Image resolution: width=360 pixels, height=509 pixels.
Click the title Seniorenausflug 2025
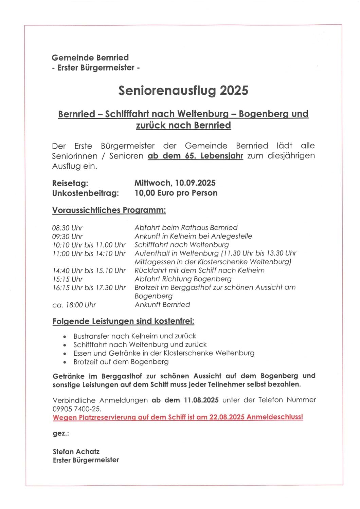click(x=183, y=91)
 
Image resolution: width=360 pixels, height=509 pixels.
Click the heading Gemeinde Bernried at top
click(x=90, y=58)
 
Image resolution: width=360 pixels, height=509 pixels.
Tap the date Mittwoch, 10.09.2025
click(x=175, y=183)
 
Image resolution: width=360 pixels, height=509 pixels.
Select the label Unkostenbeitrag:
click(x=86, y=193)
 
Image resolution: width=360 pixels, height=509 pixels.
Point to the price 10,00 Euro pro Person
click(x=176, y=193)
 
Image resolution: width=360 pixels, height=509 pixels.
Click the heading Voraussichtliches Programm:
click(x=109, y=210)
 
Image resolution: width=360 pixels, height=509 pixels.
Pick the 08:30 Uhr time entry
click(x=67, y=228)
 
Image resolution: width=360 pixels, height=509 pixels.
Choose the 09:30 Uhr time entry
click(x=67, y=237)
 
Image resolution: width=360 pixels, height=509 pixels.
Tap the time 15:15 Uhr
click(x=68, y=279)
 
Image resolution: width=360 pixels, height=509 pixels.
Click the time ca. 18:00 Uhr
click(x=74, y=305)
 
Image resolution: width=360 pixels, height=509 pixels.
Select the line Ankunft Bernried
click(x=162, y=305)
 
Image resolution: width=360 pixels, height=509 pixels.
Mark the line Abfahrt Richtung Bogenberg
click(x=183, y=279)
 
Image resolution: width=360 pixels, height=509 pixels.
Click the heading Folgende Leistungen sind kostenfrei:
click(x=123, y=321)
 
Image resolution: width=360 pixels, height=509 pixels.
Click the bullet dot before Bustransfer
click(x=65, y=337)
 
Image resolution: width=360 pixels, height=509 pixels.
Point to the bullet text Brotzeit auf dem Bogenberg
click(x=121, y=362)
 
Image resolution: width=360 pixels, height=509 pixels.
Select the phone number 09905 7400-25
click(x=77, y=409)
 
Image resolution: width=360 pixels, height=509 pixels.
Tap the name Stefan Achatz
click(x=76, y=452)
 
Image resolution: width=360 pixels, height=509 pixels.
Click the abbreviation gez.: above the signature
click(x=61, y=434)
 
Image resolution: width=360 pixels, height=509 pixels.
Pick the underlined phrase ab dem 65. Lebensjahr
click(x=195, y=156)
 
